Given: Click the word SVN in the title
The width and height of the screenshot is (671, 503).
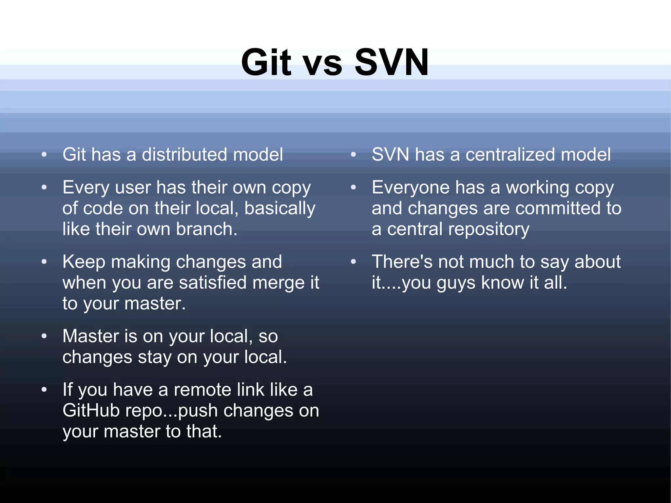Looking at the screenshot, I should click(392, 62).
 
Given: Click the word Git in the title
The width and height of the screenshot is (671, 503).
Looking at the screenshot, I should click(266, 62).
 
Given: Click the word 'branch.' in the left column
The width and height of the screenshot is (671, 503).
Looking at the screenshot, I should click(206, 229).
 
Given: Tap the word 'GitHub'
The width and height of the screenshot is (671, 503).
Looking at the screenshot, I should click(91, 410).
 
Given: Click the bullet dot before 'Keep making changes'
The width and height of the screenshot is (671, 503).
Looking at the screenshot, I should click(44, 262).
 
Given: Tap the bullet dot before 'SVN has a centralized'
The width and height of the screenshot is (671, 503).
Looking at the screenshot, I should click(353, 155).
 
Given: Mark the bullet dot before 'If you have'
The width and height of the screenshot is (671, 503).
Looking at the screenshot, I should click(44, 390).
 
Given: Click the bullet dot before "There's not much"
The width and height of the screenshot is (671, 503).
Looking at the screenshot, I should click(353, 262).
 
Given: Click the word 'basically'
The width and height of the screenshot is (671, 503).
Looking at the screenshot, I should click(279, 208).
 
